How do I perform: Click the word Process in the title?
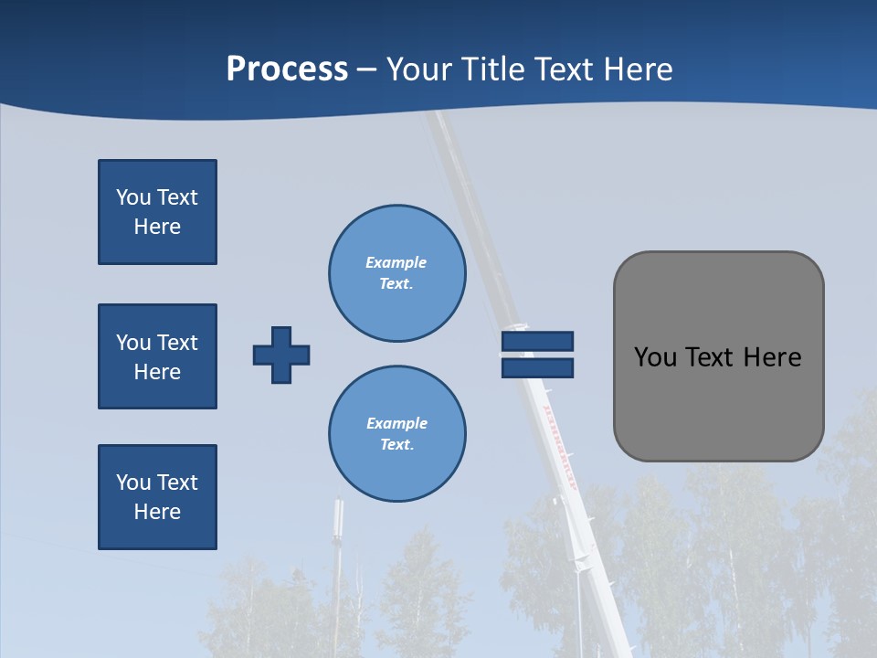pyautogui.click(x=287, y=69)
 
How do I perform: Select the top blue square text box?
pyautogui.click(x=157, y=212)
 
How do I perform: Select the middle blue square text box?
pyautogui.click(x=157, y=356)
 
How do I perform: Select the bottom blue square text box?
pyautogui.click(x=157, y=497)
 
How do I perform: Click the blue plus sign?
pyautogui.click(x=281, y=355)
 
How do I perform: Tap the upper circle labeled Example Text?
pyautogui.click(x=397, y=273)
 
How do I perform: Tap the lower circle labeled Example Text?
pyautogui.click(x=397, y=434)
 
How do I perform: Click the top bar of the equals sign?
pyautogui.click(x=537, y=341)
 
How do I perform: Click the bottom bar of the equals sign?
pyautogui.click(x=537, y=367)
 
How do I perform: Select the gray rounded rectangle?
pyautogui.click(x=718, y=402)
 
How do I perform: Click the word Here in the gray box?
pyautogui.click(x=772, y=357)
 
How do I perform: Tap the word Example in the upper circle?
pyautogui.click(x=396, y=262)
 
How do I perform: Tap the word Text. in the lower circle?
pyautogui.click(x=397, y=445)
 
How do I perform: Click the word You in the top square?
pyautogui.click(x=133, y=197)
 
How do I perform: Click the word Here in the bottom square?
pyautogui.click(x=157, y=512)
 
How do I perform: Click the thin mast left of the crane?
pyautogui.click(x=339, y=548)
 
